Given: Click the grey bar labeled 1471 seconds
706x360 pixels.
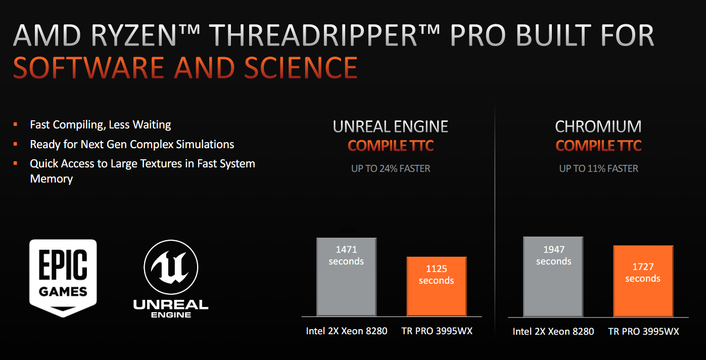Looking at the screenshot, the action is click(x=346, y=277).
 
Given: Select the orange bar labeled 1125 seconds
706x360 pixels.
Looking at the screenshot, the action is click(x=437, y=286).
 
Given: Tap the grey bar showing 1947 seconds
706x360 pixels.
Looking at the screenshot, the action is click(x=553, y=277).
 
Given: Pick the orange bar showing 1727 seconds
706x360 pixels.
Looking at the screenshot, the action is click(x=643, y=281).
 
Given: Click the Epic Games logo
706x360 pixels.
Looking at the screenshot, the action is click(x=63, y=278).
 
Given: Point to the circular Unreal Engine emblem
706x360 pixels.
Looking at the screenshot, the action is click(x=171, y=267).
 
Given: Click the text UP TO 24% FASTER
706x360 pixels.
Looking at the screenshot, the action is click(x=391, y=169).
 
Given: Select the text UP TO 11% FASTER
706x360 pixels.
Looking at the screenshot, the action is click(x=598, y=169).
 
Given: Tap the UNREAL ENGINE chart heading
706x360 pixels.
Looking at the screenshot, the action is click(x=391, y=127).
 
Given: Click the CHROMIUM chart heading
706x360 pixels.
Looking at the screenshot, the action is click(x=598, y=127).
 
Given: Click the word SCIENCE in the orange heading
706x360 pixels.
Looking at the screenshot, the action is click(x=301, y=67).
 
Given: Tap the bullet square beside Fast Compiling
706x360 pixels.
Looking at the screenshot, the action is click(x=15, y=124).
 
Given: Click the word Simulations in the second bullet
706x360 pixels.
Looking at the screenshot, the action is click(x=205, y=145).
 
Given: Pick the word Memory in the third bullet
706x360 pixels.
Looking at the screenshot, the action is click(x=52, y=179).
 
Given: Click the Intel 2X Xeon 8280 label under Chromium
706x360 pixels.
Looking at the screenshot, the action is click(x=553, y=331).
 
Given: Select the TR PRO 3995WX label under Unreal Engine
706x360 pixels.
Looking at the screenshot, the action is click(x=437, y=331).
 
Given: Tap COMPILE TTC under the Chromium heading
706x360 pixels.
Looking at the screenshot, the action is click(x=598, y=146).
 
